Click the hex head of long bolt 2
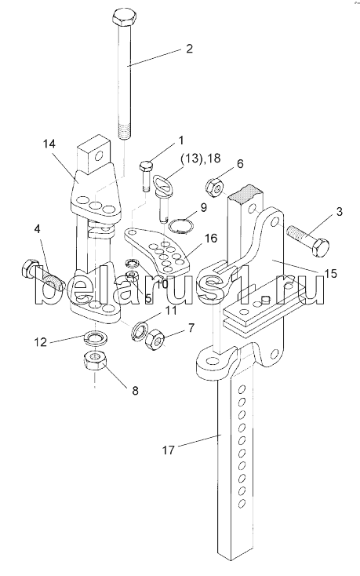(x=124, y=18)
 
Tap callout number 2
(x=189, y=49)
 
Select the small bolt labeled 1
(x=145, y=176)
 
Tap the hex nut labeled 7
(x=155, y=339)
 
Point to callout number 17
(x=169, y=450)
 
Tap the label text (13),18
(x=199, y=159)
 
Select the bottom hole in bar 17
(x=242, y=502)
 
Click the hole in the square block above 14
(x=98, y=158)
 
